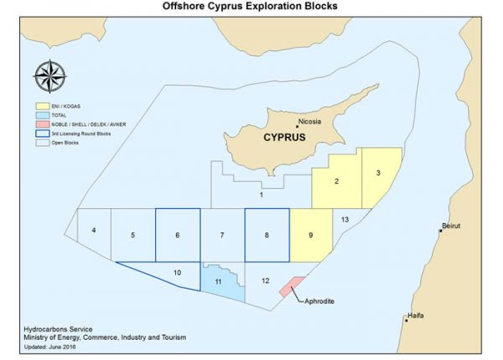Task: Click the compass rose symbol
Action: (x=53, y=78)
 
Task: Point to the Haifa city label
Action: (x=414, y=316)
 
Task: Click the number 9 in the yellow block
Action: (x=310, y=236)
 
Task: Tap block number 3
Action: (x=379, y=173)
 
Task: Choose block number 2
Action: (x=336, y=182)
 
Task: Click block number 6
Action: (x=178, y=236)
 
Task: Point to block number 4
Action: (x=94, y=230)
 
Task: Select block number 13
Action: (x=345, y=219)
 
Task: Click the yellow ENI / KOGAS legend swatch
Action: (x=40, y=108)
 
